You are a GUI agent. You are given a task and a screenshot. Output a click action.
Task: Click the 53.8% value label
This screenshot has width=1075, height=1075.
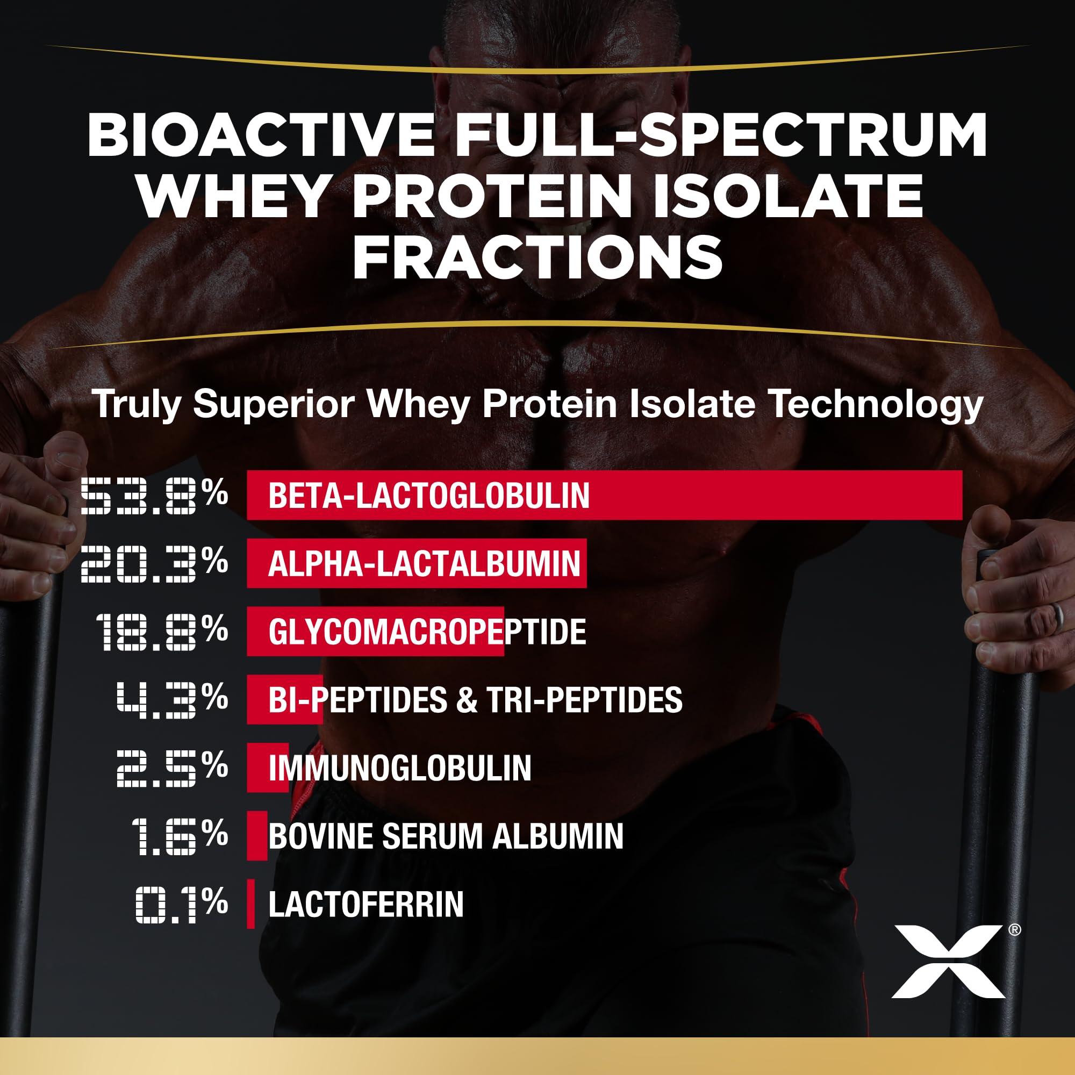(154, 495)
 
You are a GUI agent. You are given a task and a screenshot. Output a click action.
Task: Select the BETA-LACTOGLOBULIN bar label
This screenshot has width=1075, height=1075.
(428, 495)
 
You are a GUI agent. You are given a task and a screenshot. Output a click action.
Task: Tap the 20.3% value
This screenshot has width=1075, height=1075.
(154, 564)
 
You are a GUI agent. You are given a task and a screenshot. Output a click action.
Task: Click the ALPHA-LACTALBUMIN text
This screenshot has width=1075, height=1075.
(424, 564)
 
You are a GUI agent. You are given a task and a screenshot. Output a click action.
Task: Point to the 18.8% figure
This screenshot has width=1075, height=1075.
(161, 632)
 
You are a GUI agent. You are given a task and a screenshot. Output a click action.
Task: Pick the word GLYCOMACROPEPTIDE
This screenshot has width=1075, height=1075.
(427, 632)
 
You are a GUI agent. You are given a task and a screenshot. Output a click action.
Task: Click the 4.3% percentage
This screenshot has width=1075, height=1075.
(171, 700)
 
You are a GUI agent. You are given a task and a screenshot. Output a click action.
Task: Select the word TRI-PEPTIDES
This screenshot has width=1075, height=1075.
(584, 700)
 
